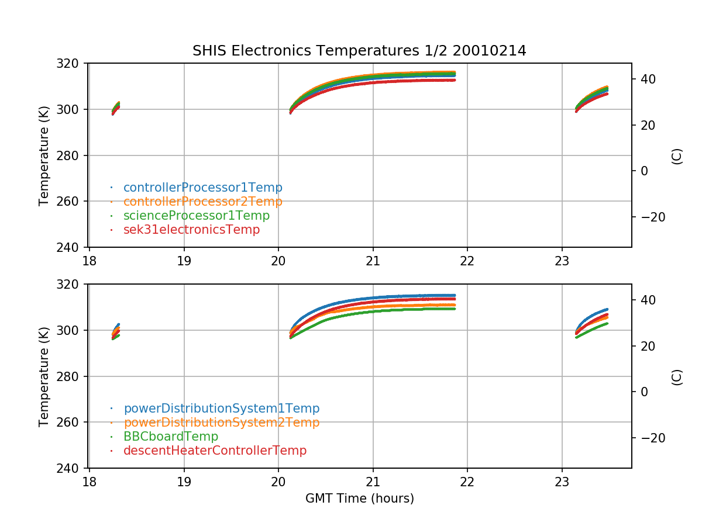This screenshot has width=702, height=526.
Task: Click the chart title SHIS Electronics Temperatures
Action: point(359,51)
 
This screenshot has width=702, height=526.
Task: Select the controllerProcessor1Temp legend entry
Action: point(202,188)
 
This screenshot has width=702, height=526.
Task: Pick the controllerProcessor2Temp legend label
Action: point(202,202)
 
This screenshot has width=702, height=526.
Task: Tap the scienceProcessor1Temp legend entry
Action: point(196,216)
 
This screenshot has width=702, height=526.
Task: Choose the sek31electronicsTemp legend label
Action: point(191,230)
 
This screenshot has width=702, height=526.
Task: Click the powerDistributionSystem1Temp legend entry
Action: point(221,409)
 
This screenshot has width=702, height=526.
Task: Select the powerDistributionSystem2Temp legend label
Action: point(221,423)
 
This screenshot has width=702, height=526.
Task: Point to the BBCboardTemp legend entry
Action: point(170,437)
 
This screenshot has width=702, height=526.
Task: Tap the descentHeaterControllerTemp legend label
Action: point(215,451)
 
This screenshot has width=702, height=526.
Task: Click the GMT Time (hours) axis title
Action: point(359,499)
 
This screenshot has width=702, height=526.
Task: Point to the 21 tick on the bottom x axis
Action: point(373,482)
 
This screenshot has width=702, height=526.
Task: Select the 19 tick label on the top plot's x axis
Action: point(184,261)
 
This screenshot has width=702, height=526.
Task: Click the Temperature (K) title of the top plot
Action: point(44,155)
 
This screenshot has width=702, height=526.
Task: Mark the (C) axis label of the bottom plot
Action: point(677,376)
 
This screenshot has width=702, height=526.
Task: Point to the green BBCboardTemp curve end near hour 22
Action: point(454,309)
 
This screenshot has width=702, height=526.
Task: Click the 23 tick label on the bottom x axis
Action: point(562,482)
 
